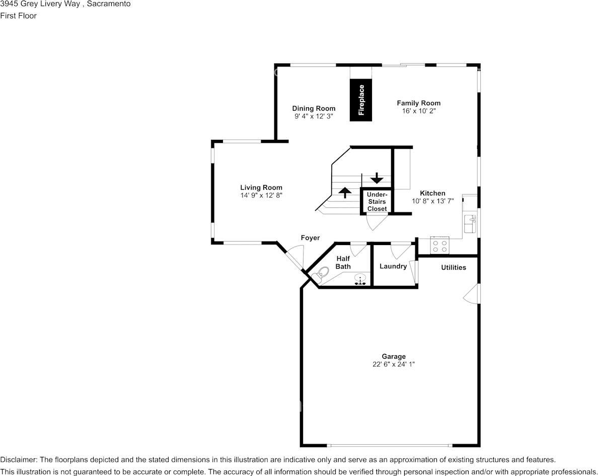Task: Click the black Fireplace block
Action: tap(361, 100)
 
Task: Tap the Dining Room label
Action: tap(314, 109)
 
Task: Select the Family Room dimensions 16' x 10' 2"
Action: tap(419, 111)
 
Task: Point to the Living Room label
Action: tap(261, 188)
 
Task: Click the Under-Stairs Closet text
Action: tap(377, 202)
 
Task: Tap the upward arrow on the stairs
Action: tap(345, 192)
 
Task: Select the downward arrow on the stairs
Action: tap(377, 178)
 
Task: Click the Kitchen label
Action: tap(433, 193)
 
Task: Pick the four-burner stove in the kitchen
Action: tap(440, 245)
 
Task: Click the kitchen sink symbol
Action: tap(470, 224)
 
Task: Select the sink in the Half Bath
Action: tap(360, 279)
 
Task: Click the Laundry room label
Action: tap(393, 266)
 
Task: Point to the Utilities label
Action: tap(454, 268)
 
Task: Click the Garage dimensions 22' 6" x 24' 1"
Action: tap(394, 364)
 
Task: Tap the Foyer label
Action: tap(311, 238)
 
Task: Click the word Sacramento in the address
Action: tap(109, 4)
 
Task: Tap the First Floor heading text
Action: tap(18, 16)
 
